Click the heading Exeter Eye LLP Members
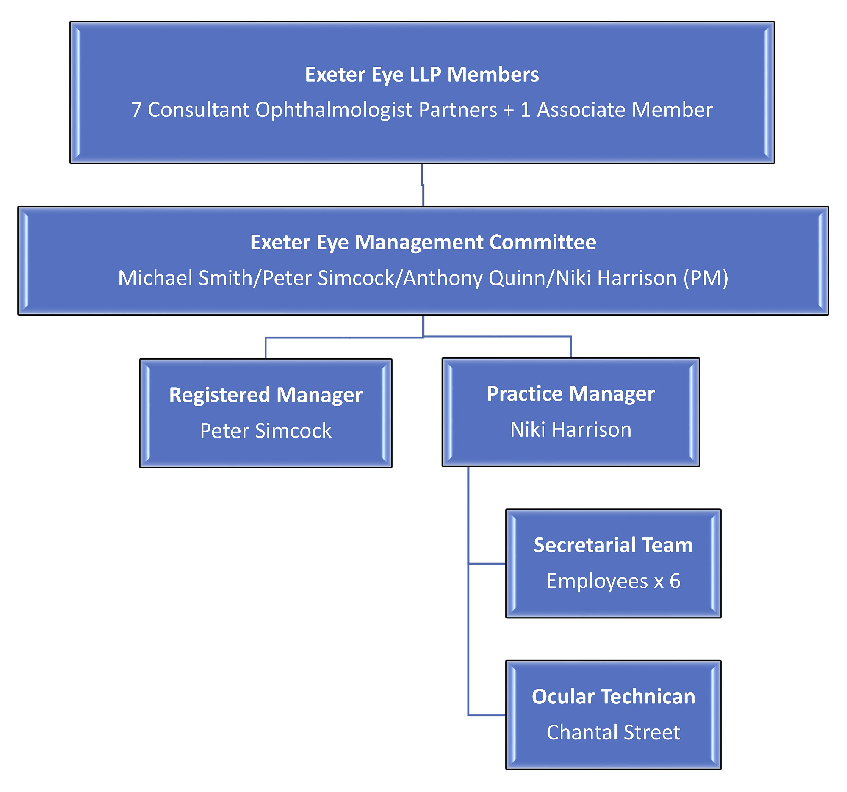(422, 75)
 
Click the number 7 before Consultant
(136, 110)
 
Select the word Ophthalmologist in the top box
(334, 110)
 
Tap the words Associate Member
(625, 110)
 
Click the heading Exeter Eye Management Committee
(423, 242)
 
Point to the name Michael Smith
(185, 278)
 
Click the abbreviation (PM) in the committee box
(706, 278)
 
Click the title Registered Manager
(266, 395)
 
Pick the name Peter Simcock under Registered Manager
(266, 431)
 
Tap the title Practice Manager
(571, 393)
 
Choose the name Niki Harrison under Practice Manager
(571, 429)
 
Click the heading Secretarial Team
(613, 545)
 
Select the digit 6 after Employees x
(675, 581)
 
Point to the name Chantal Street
(613, 732)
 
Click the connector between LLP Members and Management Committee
(423, 186)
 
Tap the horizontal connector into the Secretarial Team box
(487, 564)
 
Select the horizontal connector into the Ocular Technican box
(487, 715)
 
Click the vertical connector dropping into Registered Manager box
(266, 348)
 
